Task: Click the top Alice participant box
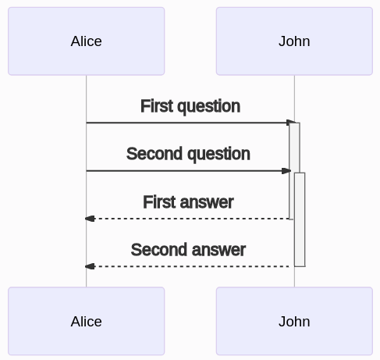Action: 87,41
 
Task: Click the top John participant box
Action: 294,41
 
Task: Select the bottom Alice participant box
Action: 87,321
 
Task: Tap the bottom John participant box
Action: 294,321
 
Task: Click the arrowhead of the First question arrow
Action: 290,123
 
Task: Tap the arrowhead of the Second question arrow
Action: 286,171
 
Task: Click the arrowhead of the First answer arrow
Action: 90,219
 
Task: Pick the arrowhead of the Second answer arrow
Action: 90,266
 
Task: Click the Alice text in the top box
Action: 87,41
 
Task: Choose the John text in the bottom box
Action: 294,322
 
